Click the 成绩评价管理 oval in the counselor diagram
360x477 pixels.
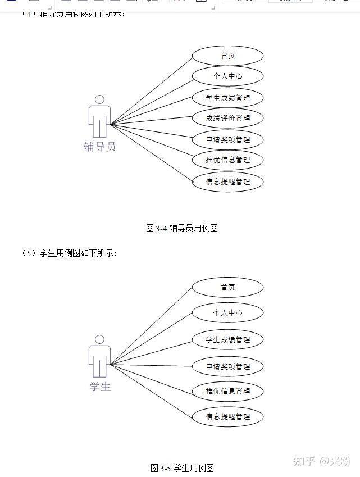point(227,119)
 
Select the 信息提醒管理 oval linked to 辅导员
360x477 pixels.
point(227,181)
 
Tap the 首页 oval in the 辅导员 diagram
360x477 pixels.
point(227,56)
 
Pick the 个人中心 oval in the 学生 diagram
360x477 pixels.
point(227,312)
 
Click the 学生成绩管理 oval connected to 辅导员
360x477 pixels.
point(227,98)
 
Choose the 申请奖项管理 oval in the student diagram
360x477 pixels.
point(227,366)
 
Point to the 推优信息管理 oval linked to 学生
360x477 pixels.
point(227,391)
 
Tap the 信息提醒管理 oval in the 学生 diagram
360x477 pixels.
point(227,417)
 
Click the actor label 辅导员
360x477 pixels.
point(99,147)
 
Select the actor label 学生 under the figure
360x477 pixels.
point(100,387)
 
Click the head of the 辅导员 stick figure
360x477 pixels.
point(99,99)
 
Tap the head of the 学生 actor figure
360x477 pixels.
point(99,339)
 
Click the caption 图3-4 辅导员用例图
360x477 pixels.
point(181,228)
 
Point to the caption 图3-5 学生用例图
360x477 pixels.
point(182,468)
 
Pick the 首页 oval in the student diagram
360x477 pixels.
point(227,287)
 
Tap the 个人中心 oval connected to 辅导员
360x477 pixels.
point(227,76)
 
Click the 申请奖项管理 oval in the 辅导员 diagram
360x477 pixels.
point(227,139)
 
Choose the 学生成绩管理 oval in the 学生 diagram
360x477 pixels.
point(227,339)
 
